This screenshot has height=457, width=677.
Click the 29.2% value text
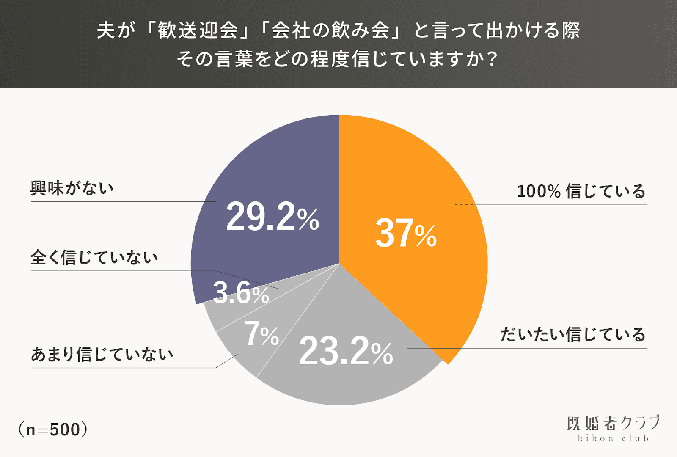(272, 217)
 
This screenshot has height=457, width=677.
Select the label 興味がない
(72, 188)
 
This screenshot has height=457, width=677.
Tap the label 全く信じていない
(94, 257)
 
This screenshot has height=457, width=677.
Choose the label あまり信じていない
(102, 354)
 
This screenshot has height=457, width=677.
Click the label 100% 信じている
(581, 191)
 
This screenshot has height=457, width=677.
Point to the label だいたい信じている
(573, 334)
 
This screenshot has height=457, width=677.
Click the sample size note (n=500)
(53, 429)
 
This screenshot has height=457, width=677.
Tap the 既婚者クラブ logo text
(613, 423)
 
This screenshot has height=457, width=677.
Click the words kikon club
(613, 438)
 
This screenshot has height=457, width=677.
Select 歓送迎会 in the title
(198, 30)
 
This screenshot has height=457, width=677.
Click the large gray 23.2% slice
(355, 381)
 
